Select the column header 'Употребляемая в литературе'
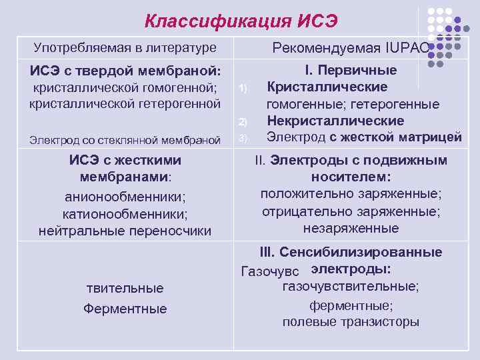pyautogui.click(x=125, y=48)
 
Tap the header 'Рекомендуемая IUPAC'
pyautogui.click(x=350, y=48)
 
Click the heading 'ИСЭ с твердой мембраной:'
pyautogui.click(x=125, y=71)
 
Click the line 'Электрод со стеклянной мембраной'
pyautogui.click(x=125, y=139)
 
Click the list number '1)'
pyautogui.click(x=243, y=89)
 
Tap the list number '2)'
pyautogui.click(x=243, y=121)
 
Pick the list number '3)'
pyautogui.click(x=243, y=138)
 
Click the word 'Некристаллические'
pyautogui.click(x=335, y=121)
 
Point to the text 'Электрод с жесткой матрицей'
pyautogui.click(x=364, y=137)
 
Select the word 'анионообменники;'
pyautogui.click(x=125, y=197)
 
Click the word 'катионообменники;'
pyautogui.click(x=125, y=214)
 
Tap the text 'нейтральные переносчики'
pyautogui.click(x=125, y=231)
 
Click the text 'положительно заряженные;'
pyautogui.click(x=351, y=194)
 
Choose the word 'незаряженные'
pyautogui.click(x=351, y=229)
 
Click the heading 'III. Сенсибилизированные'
pyautogui.click(x=351, y=253)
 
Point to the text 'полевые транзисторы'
pyautogui.click(x=351, y=322)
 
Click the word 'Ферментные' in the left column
pyautogui.click(x=125, y=309)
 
